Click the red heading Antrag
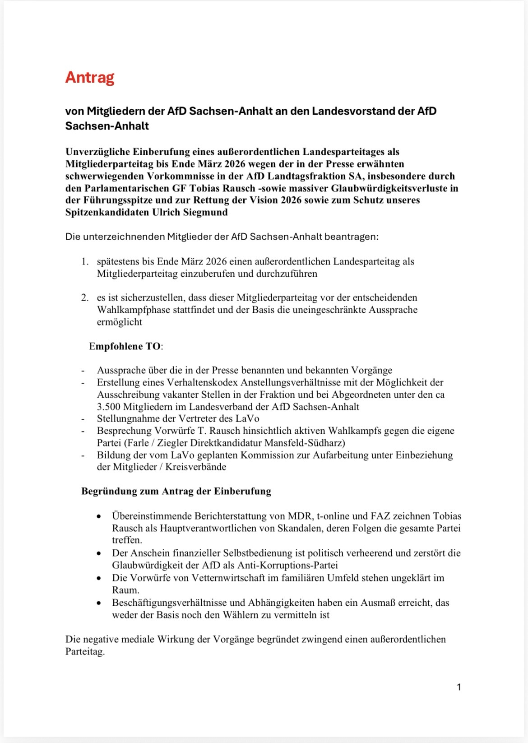pos(89,78)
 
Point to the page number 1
pos(459,687)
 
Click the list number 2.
pos(84,297)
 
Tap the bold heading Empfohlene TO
pos(126,346)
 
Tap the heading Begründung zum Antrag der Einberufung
pos(176,491)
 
